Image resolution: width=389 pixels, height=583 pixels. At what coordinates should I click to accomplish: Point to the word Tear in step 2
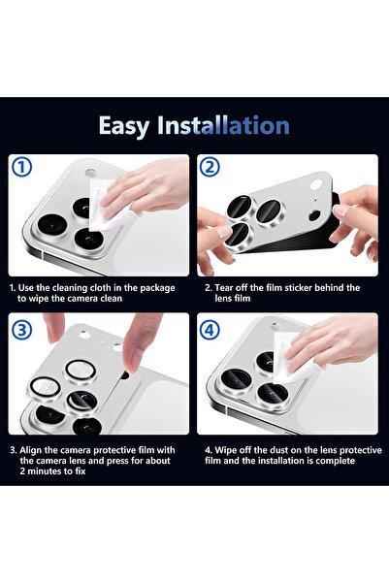(x=226, y=288)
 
